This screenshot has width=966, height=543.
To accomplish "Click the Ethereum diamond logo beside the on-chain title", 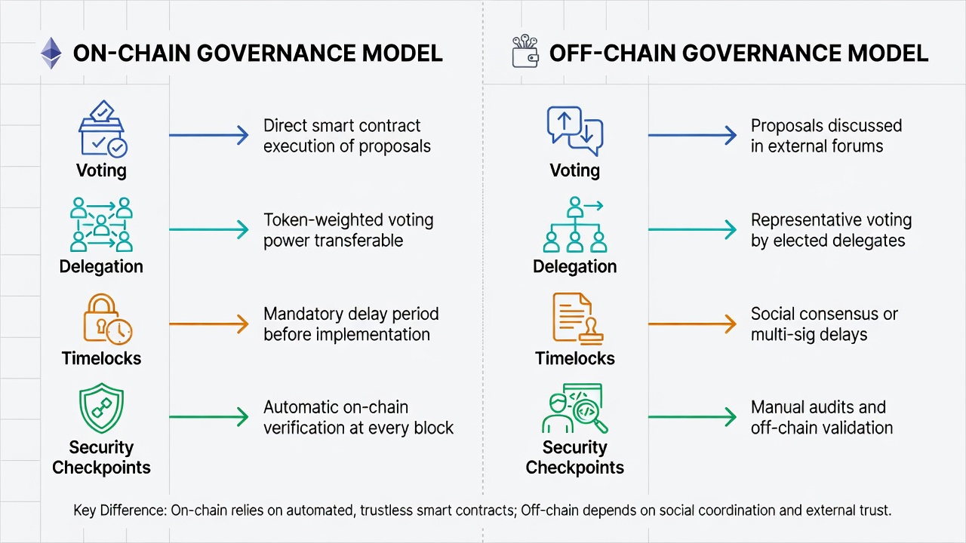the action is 51,53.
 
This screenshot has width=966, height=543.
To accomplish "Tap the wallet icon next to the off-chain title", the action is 525,51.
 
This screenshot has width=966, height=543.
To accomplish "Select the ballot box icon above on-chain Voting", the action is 102,128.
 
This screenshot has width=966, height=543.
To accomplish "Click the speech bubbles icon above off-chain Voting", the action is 575,131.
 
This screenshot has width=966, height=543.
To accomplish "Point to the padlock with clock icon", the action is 107,319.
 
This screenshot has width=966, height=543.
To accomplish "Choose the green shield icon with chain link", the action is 101,408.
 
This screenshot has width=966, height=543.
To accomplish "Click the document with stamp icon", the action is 577,319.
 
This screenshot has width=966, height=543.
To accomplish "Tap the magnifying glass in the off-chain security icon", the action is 590,415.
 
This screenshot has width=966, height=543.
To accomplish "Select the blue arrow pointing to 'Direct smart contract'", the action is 209,135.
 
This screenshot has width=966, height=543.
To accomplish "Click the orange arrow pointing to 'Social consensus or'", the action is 692,324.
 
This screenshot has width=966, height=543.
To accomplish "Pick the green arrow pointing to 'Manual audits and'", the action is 692,417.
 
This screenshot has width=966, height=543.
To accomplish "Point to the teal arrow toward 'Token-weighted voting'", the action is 209,229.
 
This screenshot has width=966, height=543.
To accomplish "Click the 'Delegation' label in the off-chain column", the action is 575,267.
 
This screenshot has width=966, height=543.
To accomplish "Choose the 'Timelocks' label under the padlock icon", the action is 101,358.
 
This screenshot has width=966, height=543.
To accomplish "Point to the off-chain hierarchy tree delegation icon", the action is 575,224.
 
